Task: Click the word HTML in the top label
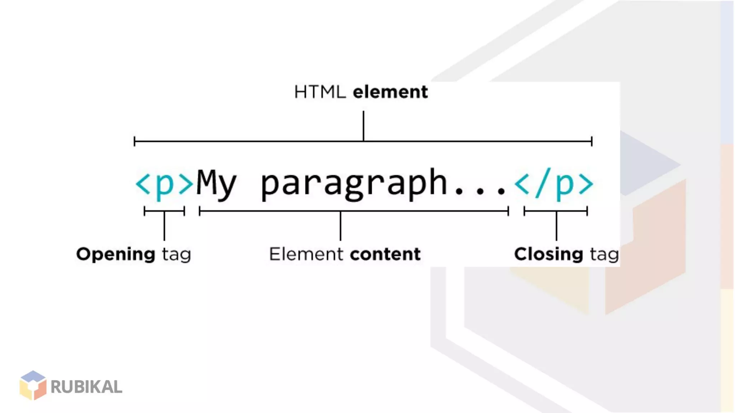click(x=320, y=92)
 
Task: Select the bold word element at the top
click(x=390, y=92)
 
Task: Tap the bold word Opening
click(x=116, y=255)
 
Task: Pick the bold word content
click(x=385, y=254)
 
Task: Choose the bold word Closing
click(x=548, y=255)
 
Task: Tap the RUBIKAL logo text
click(x=86, y=387)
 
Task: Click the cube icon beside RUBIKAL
click(x=33, y=385)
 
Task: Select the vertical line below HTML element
click(x=363, y=125)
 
